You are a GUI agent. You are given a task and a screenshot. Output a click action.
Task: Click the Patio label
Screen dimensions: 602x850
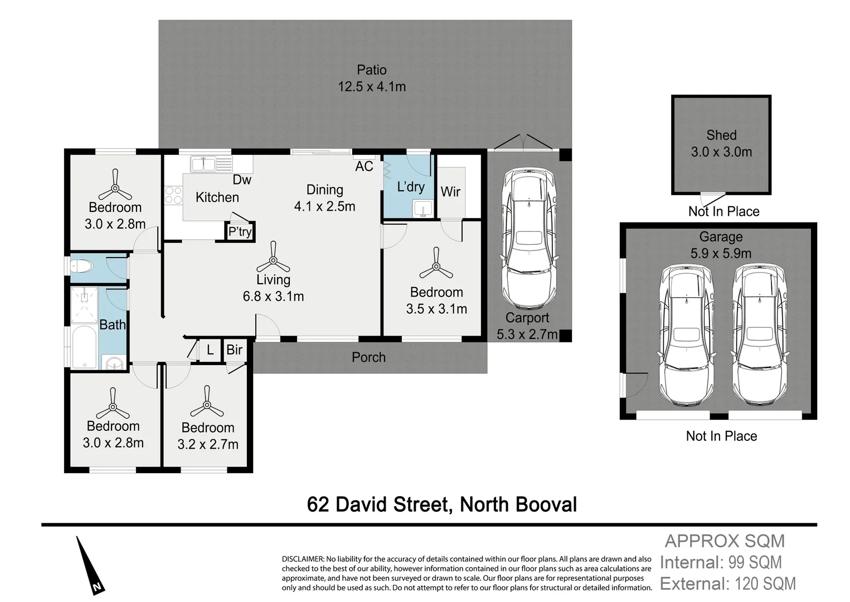pyautogui.click(x=371, y=70)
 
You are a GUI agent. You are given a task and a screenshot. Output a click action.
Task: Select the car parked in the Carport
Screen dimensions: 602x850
pyautogui.click(x=528, y=239)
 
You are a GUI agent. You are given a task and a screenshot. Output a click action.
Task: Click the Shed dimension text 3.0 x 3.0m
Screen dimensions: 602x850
pyautogui.click(x=721, y=152)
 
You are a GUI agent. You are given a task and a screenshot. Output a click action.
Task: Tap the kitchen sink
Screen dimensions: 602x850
pyautogui.click(x=204, y=164)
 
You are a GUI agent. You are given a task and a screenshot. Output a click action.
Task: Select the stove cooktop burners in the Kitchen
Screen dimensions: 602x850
pyautogui.click(x=173, y=195)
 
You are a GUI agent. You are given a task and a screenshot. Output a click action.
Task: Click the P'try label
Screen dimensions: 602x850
pyautogui.click(x=240, y=231)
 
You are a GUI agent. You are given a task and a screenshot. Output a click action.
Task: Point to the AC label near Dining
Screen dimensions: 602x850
pyautogui.click(x=364, y=166)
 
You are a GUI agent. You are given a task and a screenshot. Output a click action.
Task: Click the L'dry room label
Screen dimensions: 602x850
pyautogui.click(x=410, y=187)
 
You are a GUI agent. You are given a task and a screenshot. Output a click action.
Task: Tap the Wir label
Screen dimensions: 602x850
pyautogui.click(x=450, y=192)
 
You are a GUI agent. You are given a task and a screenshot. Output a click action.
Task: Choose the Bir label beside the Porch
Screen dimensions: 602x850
pyautogui.click(x=235, y=349)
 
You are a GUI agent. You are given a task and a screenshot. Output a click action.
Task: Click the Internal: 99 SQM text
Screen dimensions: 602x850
pyautogui.click(x=720, y=562)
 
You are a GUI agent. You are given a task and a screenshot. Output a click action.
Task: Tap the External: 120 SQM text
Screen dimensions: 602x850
pyautogui.click(x=727, y=584)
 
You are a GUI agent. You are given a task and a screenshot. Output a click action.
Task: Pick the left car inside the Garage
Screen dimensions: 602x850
pyautogui.click(x=686, y=335)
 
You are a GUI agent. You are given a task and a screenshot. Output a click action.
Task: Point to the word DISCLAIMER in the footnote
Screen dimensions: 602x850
pyautogui.click(x=303, y=559)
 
